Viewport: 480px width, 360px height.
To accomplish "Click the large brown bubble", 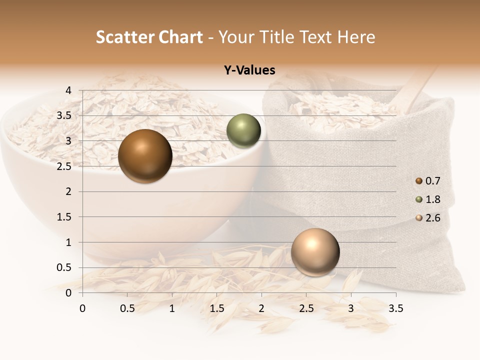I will pyautogui.click(x=145, y=156).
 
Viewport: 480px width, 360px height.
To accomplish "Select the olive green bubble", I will pyautogui.click(x=243, y=131).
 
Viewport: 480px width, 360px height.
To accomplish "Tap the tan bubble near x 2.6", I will pyautogui.click(x=315, y=252).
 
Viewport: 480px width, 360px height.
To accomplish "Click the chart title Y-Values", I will pyautogui.click(x=249, y=70).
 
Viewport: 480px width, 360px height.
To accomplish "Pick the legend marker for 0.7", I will pyautogui.click(x=419, y=181).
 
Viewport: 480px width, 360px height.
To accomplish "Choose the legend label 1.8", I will pyautogui.click(x=433, y=199).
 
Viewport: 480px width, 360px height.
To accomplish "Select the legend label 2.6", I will pyautogui.click(x=433, y=218).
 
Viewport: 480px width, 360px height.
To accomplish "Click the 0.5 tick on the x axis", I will pyautogui.click(x=127, y=308).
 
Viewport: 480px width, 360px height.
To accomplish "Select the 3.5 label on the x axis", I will pyautogui.click(x=396, y=308).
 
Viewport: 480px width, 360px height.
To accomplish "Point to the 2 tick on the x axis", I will pyautogui.click(x=261, y=308).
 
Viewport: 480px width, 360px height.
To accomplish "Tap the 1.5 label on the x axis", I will pyautogui.click(x=217, y=308).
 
